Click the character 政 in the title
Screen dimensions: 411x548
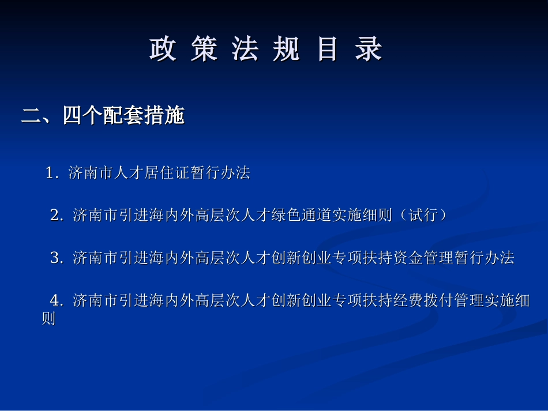163,50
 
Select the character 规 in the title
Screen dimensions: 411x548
286,50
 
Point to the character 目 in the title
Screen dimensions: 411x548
327,50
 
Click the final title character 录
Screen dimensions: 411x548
369,50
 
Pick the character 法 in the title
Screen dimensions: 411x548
245,50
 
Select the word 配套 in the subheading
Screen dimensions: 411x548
123,116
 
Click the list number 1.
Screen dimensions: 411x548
51,172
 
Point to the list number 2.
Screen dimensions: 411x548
56,215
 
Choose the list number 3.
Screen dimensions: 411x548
56,258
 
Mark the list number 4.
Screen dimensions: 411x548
56,300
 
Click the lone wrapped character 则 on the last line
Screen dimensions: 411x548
48,318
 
